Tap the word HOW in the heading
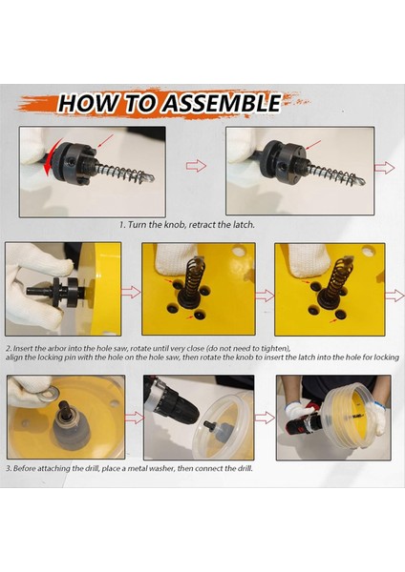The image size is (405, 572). coord(88,103)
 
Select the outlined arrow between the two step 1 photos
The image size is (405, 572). coord(195,166)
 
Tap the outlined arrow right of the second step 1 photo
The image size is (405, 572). coord(384,168)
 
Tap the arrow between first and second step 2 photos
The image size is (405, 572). coord(132,292)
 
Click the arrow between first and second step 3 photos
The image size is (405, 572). coord(134,418)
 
